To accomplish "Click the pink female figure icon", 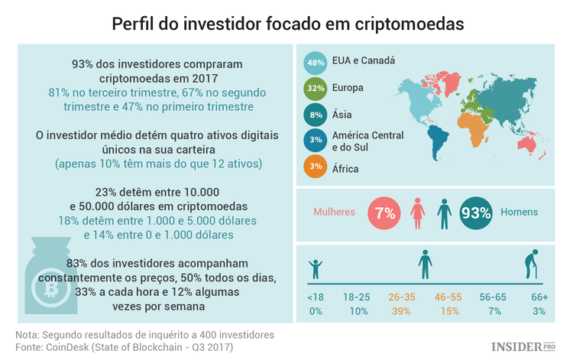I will [x=418, y=213].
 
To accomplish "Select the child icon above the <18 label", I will [x=316, y=269].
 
